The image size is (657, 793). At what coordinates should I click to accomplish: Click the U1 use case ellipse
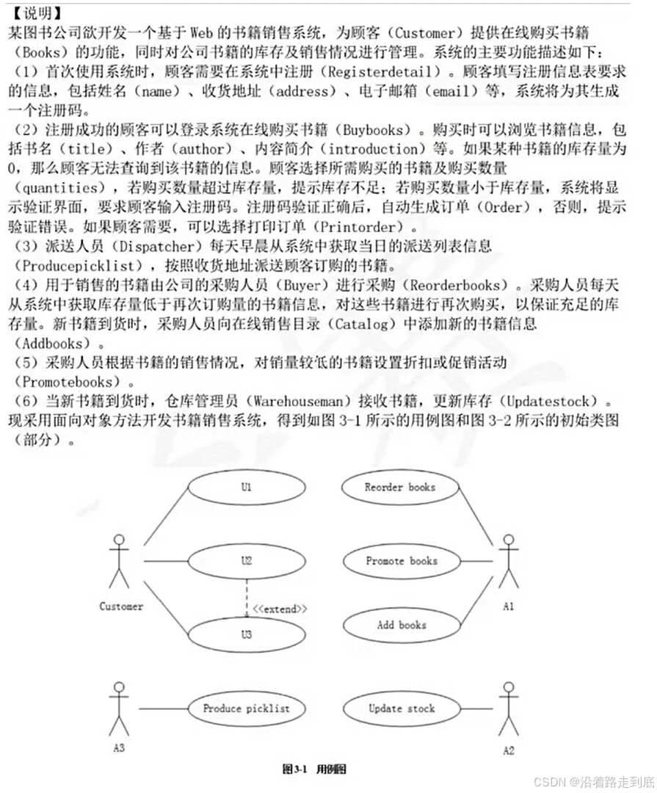click(247, 488)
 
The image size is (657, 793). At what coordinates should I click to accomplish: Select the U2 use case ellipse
click(247, 561)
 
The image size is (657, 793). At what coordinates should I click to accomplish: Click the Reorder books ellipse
click(400, 488)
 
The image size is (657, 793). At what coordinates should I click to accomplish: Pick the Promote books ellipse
click(401, 561)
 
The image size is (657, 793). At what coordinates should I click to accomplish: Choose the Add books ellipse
click(401, 626)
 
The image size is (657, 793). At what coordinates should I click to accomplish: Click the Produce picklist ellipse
click(247, 709)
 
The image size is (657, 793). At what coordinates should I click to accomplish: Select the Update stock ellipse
click(401, 709)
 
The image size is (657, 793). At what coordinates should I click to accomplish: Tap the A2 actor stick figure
click(508, 710)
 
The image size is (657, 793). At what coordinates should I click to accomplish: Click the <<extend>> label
click(280, 609)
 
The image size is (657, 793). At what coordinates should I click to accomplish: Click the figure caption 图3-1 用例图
click(314, 769)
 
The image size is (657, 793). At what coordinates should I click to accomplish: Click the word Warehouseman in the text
click(295, 402)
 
